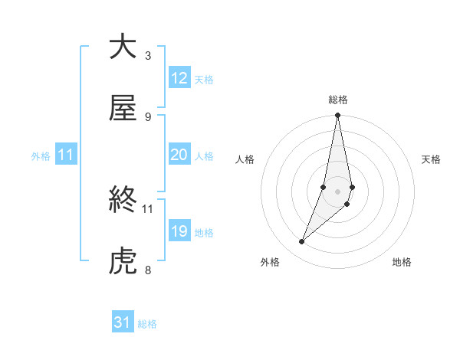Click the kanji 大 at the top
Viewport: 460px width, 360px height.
click(x=123, y=47)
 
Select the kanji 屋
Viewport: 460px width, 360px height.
click(x=123, y=109)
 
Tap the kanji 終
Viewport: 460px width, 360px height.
click(x=123, y=201)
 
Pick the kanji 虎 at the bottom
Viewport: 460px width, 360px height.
click(x=123, y=262)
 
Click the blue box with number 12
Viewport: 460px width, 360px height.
click(x=179, y=78)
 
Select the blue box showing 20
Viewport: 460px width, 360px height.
click(x=179, y=155)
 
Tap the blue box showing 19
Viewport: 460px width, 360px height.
click(x=179, y=231)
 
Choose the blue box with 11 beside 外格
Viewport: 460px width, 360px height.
click(x=66, y=155)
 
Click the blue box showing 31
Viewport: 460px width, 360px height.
click(x=123, y=322)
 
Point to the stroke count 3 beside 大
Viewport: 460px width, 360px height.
click(x=148, y=55)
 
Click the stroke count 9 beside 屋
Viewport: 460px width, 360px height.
click(x=148, y=116)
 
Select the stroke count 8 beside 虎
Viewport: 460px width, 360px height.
click(x=148, y=270)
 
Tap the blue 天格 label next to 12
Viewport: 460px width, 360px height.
click(x=204, y=79)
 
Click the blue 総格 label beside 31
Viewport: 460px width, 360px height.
click(x=147, y=324)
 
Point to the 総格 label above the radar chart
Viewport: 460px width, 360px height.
click(x=337, y=100)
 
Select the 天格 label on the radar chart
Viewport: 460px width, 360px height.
click(x=431, y=159)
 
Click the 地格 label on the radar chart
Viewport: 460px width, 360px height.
click(x=402, y=262)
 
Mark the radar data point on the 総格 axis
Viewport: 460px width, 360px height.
click(x=337, y=116)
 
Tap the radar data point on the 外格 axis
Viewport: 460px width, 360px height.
click(x=302, y=242)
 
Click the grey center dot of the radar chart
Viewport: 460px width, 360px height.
click(x=337, y=191)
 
